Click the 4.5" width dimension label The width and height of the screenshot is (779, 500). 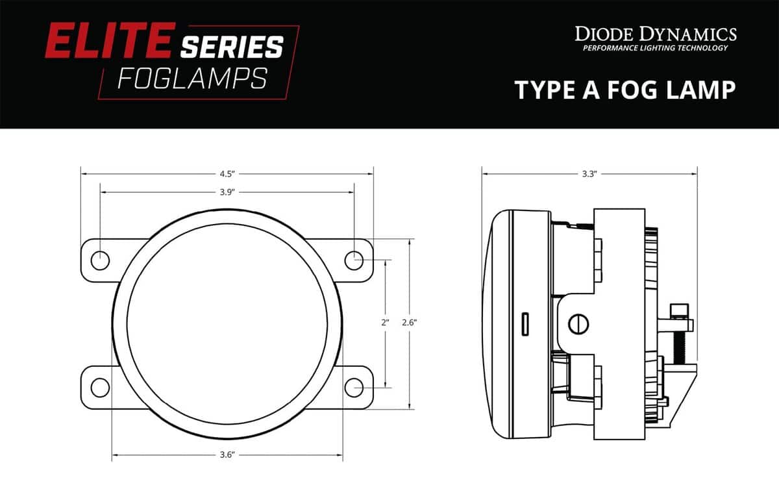click(227, 173)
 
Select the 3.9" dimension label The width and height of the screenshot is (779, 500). click(227, 192)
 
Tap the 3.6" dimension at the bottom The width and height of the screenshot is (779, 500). click(227, 455)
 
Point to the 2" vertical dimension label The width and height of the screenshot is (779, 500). click(385, 323)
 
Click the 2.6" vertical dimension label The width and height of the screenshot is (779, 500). click(410, 323)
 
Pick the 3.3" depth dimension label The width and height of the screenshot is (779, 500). click(589, 173)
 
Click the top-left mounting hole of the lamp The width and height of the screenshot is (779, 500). click(100, 260)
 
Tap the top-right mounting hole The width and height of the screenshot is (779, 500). click(354, 260)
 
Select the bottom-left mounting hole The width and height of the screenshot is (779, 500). click(100, 387)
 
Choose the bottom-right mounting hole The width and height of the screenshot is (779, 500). click(354, 387)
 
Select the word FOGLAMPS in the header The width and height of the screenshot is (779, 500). click(192, 79)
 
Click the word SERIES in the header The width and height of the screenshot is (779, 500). click(232, 47)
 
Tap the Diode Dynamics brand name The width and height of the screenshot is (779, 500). click(655, 34)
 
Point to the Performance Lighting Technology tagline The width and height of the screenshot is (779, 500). click(655, 49)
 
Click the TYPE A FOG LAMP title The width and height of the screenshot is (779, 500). click(625, 90)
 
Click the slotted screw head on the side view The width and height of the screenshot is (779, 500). click(577, 323)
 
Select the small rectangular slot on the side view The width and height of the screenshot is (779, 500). click(525, 323)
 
